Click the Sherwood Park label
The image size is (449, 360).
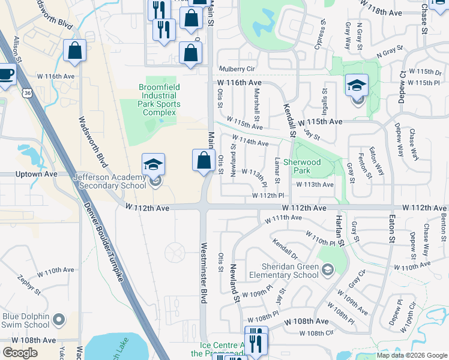(302, 166)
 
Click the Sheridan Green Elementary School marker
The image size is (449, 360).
(327, 271)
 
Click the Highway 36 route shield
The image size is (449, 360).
(26, 93)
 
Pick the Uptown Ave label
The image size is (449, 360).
(38, 174)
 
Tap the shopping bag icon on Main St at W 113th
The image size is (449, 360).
(204, 160)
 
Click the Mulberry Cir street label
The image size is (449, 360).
(237, 69)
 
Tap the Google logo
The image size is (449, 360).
(20, 352)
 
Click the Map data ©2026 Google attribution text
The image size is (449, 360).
(412, 355)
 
